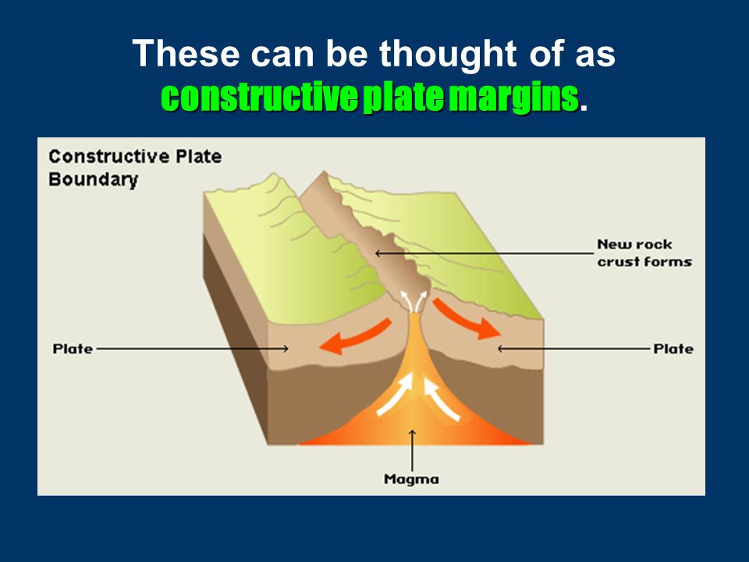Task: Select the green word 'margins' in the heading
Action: (514, 98)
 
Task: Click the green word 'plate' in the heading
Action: (403, 98)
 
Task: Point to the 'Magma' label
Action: (411, 478)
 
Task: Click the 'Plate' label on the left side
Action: (73, 349)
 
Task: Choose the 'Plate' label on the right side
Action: (673, 349)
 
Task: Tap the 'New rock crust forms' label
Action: (644, 253)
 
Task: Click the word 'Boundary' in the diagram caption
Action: (93, 180)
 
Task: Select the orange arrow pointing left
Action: (356, 337)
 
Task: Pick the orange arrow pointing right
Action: (466, 319)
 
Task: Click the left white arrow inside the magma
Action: (396, 394)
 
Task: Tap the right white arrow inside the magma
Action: (442, 399)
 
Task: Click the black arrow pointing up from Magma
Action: (412, 450)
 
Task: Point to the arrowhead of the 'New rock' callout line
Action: (378, 253)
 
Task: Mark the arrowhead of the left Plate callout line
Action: (286, 349)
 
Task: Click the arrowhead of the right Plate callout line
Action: (500, 349)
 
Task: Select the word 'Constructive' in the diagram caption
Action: (109, 156)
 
